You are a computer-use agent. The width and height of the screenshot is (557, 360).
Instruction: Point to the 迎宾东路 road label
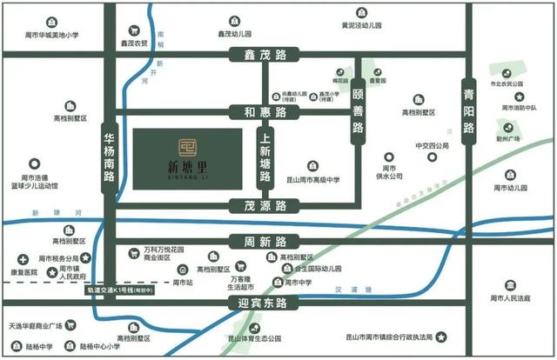tap(262, 303)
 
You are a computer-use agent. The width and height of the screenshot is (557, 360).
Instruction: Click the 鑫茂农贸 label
tap(134, 40)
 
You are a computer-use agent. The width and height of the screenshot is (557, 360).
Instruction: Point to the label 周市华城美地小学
tap(51, 35)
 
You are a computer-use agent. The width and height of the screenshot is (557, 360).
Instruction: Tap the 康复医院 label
tap(25, 272)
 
